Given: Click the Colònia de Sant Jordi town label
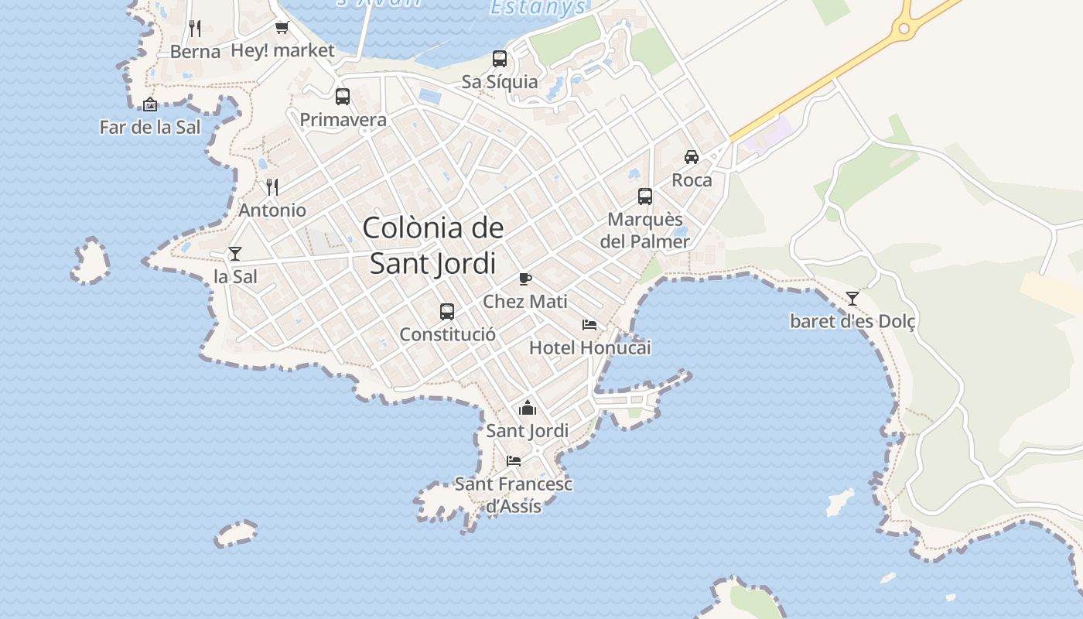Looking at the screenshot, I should pos(432,245).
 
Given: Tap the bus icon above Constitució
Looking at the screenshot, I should pos(447,312).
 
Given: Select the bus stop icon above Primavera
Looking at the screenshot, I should pos(343,97).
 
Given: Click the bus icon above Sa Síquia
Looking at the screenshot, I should pos(500,59).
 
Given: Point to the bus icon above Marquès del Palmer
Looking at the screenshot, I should pos(645,197).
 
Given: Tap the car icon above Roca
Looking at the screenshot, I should pos(692,157).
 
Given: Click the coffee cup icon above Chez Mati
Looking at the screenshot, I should pos(525,279).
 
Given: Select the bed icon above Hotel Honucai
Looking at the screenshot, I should pos(589,325).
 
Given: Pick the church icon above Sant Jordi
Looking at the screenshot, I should pos(528,408).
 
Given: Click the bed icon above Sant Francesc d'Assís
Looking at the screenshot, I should pos(514,461).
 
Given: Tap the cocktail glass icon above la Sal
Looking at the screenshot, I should pos(235,253).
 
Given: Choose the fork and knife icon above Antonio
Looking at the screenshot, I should pos(272,187).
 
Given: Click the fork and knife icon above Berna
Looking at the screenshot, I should pos(195,29).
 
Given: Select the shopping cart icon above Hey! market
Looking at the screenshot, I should pos(282,28).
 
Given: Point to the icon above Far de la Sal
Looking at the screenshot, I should pos(150,104).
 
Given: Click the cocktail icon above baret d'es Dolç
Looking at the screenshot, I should pos(852,298).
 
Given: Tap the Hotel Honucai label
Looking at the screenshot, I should pos(589,348).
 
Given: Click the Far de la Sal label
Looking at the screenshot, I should pos(150,127).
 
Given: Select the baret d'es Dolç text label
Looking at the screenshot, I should pos(852,321).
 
